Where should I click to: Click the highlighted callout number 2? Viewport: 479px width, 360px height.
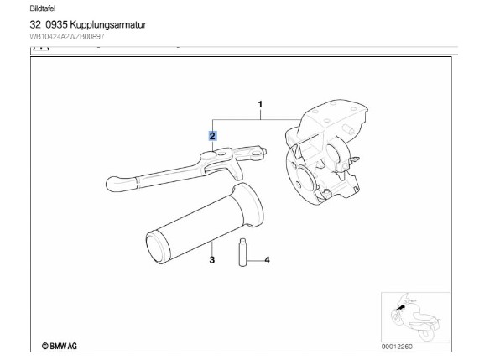tap(212, 136)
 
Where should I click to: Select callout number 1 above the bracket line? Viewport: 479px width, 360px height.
tap(260, 105)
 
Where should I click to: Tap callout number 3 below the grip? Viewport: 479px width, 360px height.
tap(212, 260)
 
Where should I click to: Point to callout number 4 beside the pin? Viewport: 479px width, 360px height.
tap(267, 260)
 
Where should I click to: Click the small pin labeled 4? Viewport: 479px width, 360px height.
tap(242, 252)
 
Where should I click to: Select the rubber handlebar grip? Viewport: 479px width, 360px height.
tap(205, 223)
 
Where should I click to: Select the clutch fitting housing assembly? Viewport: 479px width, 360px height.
tap(326, 152)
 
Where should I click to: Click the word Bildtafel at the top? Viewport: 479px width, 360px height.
tap(43, 8)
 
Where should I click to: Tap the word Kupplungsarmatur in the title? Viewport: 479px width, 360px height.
tap(108, 24)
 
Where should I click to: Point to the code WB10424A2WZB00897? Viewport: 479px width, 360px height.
tap(67, 37)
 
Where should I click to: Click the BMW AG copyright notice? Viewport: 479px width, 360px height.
tap(60, 346)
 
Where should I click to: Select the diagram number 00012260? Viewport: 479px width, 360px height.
tap(397, 347)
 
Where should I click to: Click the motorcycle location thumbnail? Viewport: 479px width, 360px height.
tap(415, 317)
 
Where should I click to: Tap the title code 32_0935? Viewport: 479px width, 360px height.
tap(49, 24)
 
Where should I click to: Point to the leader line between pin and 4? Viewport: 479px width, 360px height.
tap(255, 261)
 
